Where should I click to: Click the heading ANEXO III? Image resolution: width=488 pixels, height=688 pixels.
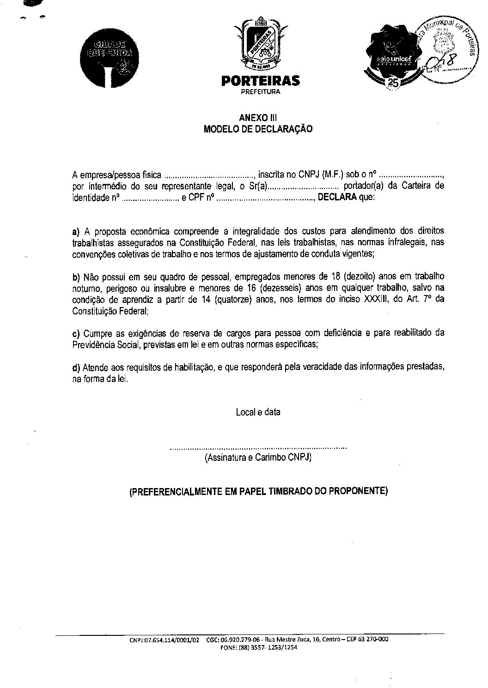pyautogui.click(x=258, y=118)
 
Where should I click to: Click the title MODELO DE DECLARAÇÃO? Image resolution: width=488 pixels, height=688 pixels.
pyautogui.click(x=258, y=129)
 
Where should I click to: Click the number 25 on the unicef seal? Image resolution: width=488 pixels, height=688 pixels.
pyautogui.click(x=394, y=83)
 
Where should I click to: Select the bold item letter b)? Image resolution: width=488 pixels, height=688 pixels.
pyautogui.click(x=76, y=277)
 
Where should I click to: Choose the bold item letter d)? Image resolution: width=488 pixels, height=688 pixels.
pyautogui.click(x=76, y=368)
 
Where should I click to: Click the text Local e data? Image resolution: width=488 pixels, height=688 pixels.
pyautogui.click(x=258, y=412)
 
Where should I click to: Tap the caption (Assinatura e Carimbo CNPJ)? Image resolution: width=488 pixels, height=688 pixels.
pyautogui.click(x=258, y=458)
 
